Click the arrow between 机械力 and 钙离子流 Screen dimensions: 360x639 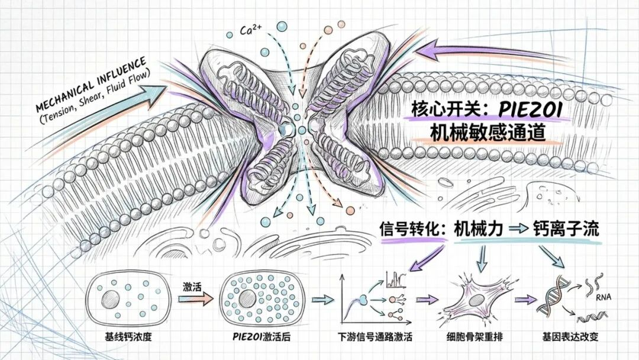click(518, 230)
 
